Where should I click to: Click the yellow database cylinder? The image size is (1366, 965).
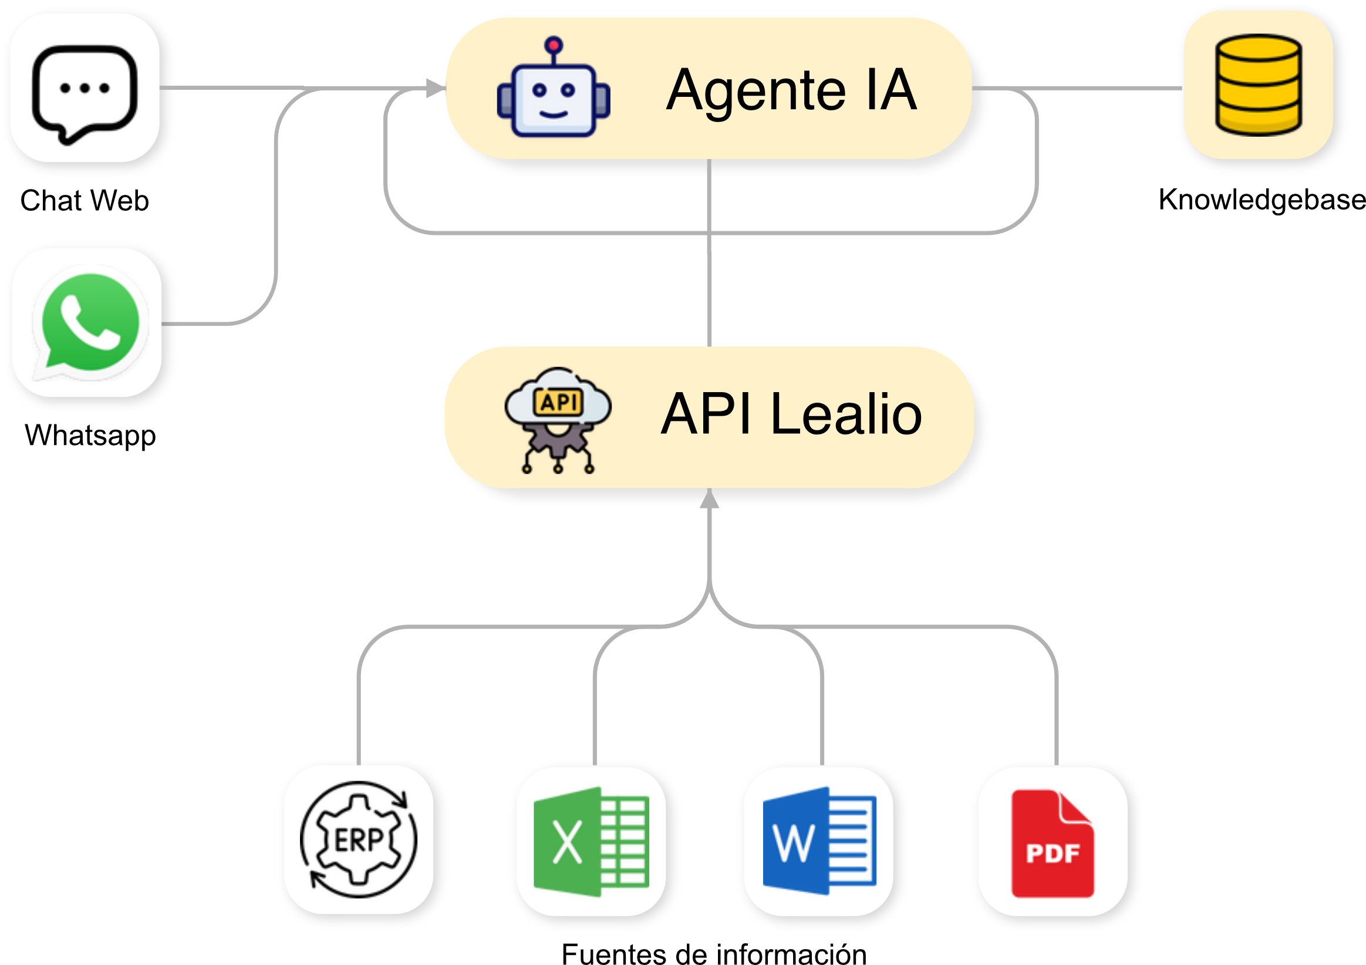tap(1259, 86)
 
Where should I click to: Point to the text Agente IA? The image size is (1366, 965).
tap(791, 90)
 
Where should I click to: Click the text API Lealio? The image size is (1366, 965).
tap(791, 414)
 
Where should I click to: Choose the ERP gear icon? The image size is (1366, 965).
tap(359, 839)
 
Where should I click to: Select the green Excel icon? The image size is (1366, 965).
tap(591, 842)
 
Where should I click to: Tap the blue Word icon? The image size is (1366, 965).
tap(819, 842)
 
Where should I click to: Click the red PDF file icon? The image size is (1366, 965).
tap(1053, 843)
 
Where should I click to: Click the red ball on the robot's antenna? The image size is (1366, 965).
tap(554, 45)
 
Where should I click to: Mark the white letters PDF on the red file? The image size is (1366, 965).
tap(1053, 853)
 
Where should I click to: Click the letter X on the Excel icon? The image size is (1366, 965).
tap(567, 842)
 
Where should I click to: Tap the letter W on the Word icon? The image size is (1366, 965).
tap(794, 843)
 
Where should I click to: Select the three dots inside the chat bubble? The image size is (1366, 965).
tap(85, 89)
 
